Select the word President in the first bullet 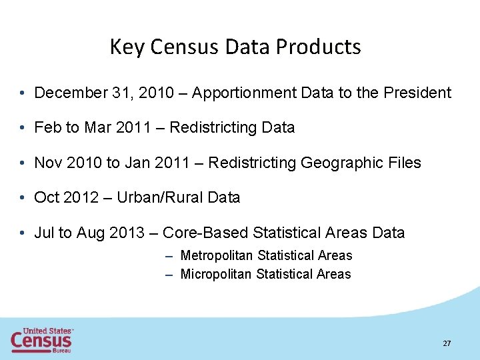click(x=417, y=93)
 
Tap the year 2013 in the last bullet click(x=127, y=233)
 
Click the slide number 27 click(x=447, y=343)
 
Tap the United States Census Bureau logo click(x=41, y=339)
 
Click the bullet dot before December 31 click(x=23, y=93)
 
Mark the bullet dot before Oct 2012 click(x=23, y=197)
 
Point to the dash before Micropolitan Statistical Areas click(x=170, y=274)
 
